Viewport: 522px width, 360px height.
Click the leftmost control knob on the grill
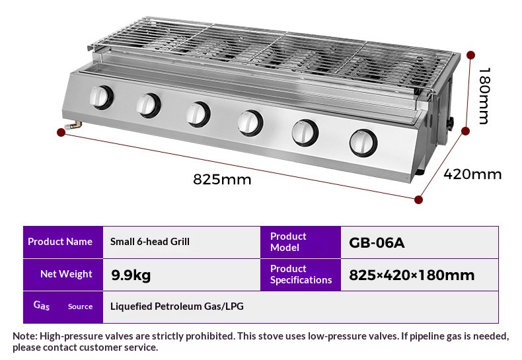point(101,97)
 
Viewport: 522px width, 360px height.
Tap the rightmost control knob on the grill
point(363,143)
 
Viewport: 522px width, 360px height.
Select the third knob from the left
point(198,114)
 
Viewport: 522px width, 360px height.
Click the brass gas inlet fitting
point(73,126)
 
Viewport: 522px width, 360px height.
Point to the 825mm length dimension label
point(222,179)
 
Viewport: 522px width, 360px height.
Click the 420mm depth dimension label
point(472,174)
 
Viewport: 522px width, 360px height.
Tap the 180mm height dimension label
point(484,96)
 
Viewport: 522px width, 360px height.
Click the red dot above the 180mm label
point(470,55)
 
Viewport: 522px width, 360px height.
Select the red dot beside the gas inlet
point(61,132)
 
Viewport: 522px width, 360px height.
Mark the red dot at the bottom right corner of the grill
point(419,199)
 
